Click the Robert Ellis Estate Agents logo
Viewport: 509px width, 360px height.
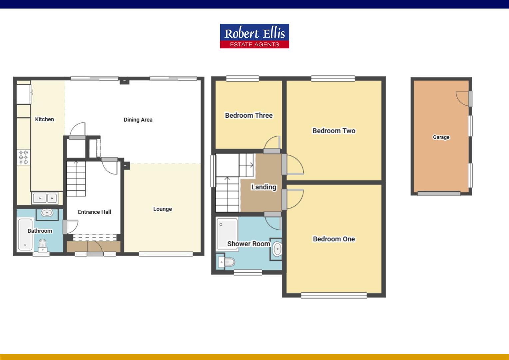pos(254,36)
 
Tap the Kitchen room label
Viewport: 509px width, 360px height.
pos(44,119)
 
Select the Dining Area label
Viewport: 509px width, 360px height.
pos(138,120)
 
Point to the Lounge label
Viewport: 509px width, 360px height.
pos(163,209)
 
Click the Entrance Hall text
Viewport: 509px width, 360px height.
pos(94,212)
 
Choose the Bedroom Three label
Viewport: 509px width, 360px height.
pos(249,115)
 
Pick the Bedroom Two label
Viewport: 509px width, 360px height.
pos(334,131)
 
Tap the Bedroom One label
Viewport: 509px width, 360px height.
pos(334,239)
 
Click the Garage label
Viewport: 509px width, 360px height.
pos(441,137)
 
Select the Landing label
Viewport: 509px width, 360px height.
pos(264,187)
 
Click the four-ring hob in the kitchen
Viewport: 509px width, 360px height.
pos(23,157)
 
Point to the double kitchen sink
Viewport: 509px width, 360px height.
pos(45,198)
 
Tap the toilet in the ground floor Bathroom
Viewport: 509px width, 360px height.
pos(43,245)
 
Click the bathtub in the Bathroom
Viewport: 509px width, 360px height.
pos(25,234)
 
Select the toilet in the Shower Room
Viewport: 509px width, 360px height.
pos(227,262)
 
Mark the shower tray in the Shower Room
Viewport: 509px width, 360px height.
pos(227,233)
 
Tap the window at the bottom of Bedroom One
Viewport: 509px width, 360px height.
pos(334,295)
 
